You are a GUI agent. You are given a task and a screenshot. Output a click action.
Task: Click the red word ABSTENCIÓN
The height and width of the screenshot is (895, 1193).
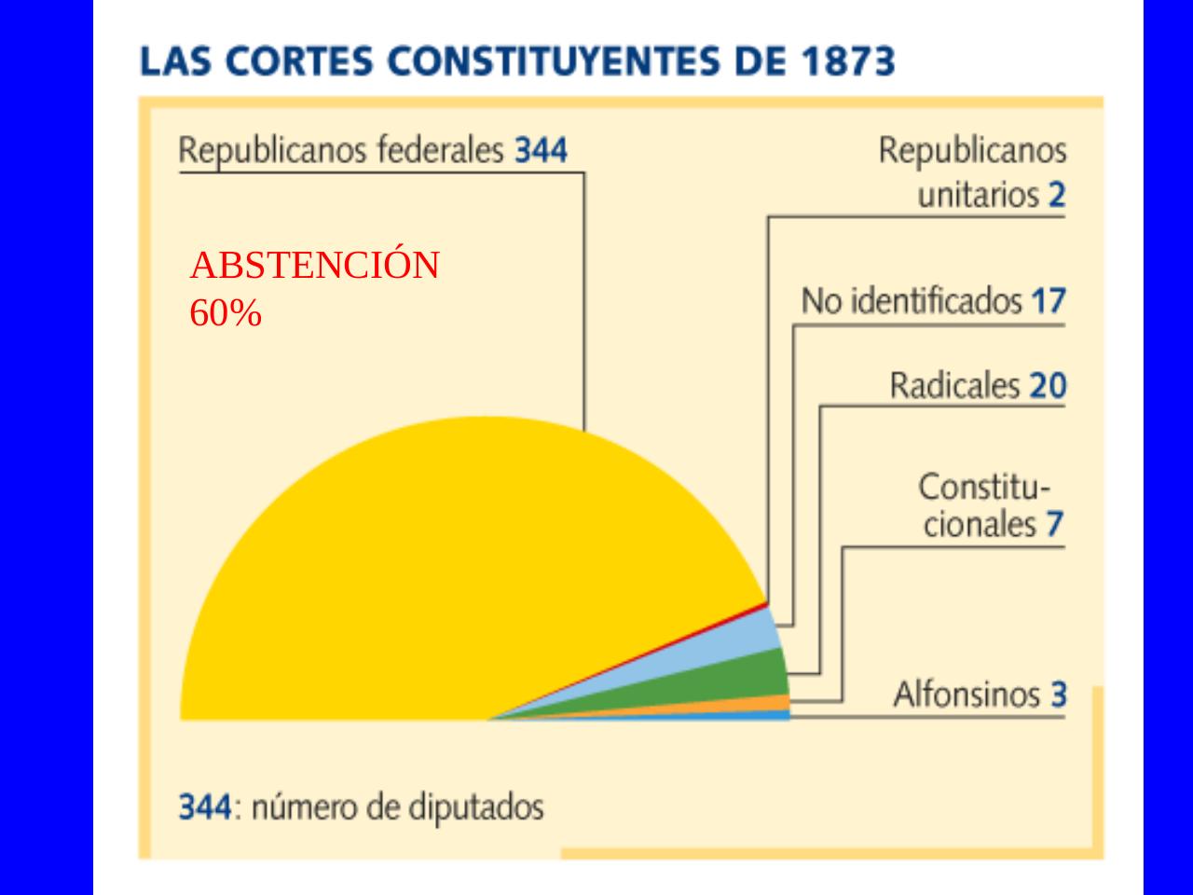pos(314,267)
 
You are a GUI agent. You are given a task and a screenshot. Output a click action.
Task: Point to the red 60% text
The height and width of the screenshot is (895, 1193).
pos(226,314)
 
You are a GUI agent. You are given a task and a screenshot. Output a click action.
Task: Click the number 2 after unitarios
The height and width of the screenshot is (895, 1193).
pos(1055,195)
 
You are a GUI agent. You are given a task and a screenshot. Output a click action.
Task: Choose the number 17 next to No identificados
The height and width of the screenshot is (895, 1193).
pos(1048,301)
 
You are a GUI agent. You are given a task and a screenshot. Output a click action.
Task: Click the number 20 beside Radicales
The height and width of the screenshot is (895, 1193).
pos(1047,386)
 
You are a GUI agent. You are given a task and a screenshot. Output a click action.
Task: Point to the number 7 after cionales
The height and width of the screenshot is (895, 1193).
pos(1053,524)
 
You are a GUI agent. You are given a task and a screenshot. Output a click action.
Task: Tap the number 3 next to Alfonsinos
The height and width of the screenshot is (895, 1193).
pos(1058,695)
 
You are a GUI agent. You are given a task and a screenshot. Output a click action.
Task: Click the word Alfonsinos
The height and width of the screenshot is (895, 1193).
pos(967,695)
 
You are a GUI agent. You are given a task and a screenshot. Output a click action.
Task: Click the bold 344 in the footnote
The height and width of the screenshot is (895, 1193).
pos(204,806)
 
